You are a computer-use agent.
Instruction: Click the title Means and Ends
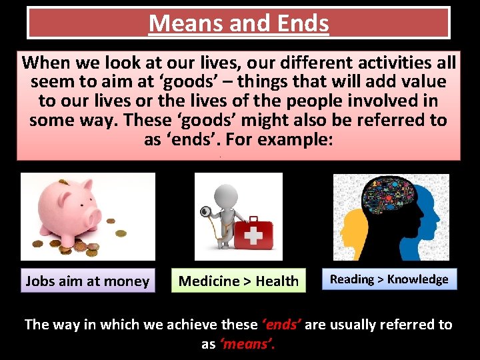pyautogui.click(x=239, y=24)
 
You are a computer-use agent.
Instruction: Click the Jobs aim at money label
pyautogui.click(x=87, y=281)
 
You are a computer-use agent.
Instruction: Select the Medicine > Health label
pyautogui.click(x=239, y=281)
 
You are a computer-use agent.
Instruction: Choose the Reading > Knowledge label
pyautogui.click(x=389, y=279)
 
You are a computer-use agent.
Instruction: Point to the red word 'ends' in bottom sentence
pyautogui.click(x=283, y=325)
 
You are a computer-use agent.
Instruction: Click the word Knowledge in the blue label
pyautogui.click(x=418, y=279)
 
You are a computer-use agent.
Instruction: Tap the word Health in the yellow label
pyautogui.click(x=277, y=281)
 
